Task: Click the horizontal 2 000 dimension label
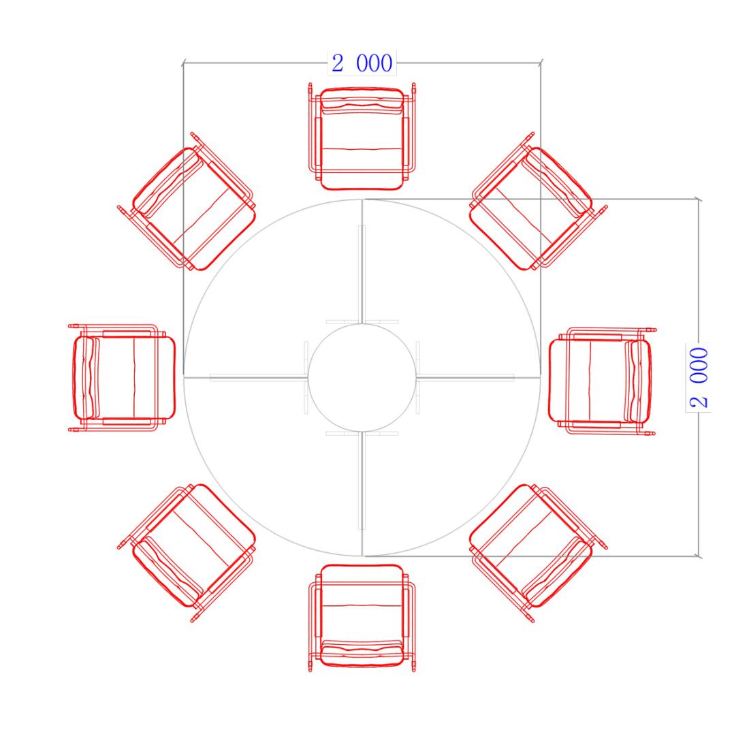[362, 63]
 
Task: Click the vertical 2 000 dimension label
[699, 377]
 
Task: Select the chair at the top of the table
[362, 137]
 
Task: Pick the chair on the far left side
[123, 378]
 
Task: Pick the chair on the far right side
[603, 381]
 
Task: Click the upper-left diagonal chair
[187, 202]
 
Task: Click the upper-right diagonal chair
[539, 202]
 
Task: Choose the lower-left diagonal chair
[187, 553]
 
